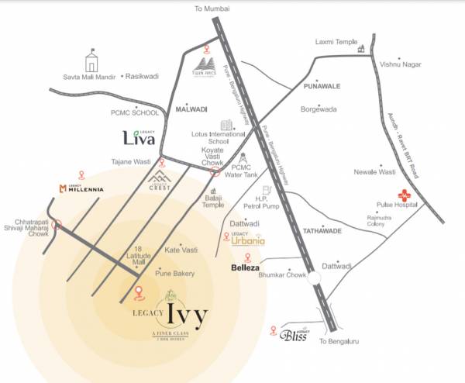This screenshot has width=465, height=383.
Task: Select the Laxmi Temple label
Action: click(x=334, y=41)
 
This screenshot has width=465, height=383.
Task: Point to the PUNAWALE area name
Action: click(x=313, y=87)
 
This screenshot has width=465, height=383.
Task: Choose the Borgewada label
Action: click(x=319, y=110)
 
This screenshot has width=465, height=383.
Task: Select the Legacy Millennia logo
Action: click(x=83, y=188)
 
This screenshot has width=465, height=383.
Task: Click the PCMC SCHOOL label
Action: click(x=133, y=113)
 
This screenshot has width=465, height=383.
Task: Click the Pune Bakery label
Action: click(x=175, y=274)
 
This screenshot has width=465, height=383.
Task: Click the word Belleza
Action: click(x=247, y=267)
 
